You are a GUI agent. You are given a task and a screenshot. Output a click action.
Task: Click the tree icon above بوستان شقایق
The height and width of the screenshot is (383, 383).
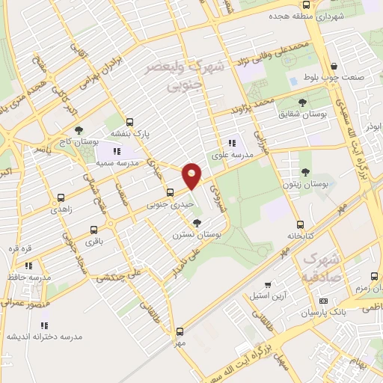[x=302, y=102]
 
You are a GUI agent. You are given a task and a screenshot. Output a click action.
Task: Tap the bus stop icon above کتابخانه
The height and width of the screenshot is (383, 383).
[x=300, y=224]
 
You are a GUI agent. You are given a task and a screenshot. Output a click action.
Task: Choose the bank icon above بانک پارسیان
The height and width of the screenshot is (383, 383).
[x=323, y=301]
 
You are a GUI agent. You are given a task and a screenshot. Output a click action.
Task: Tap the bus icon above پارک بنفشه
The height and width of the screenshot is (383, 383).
[x=130, y=122]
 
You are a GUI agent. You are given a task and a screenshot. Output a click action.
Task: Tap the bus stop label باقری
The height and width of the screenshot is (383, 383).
[x=92, y=242]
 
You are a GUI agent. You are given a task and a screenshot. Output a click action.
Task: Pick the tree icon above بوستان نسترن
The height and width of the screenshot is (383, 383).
[x=197, y=223]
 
